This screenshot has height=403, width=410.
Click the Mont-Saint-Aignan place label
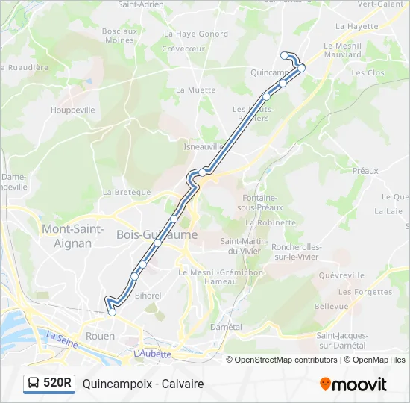tap(73, 235)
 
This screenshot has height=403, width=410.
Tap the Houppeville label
tap(72, 110)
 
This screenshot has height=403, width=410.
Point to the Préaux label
tap(365, 171)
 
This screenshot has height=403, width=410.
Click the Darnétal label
tap(226, 327)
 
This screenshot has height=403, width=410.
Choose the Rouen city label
tap(100, 336)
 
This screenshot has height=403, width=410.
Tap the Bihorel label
tap(148, 296)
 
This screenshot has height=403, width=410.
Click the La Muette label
tap(195, 90)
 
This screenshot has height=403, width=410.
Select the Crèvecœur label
tap(184, 49)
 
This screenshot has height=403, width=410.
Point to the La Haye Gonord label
tap(196, 34)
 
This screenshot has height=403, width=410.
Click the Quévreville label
tap(362, 275)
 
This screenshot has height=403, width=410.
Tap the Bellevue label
tap(331, 306)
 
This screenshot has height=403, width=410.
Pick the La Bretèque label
tap(127, 192)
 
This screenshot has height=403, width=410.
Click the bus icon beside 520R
tap(34, 384)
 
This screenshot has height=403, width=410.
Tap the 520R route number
tap(58, 384)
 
